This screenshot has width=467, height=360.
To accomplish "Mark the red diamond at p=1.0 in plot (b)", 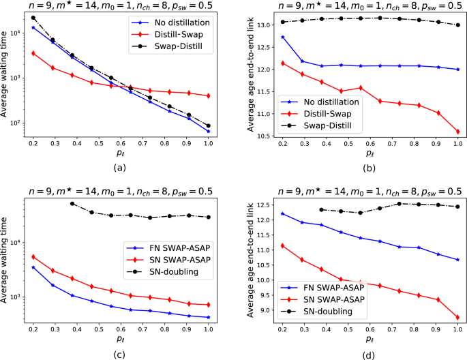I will (x=458, y=132).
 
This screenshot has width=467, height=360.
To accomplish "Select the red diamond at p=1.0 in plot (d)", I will (x=458, y=317).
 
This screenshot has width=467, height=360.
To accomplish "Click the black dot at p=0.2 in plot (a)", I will (x=33, y=18).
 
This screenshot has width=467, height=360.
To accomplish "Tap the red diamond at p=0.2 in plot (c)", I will (x=33, y=257).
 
